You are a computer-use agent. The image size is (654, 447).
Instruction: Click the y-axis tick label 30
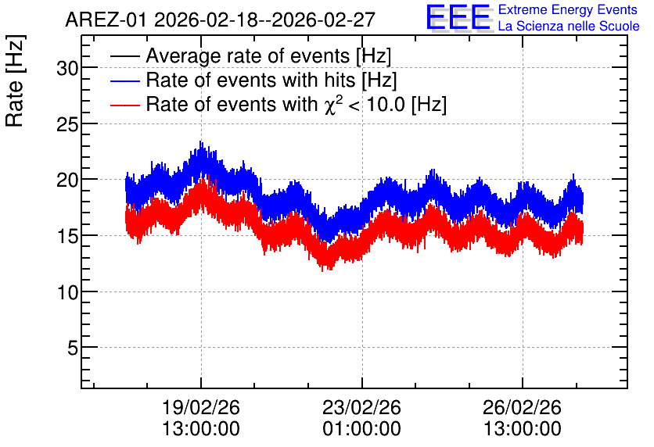67,68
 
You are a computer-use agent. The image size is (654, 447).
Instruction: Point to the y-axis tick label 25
67,124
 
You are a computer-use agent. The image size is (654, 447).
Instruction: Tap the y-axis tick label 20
67,181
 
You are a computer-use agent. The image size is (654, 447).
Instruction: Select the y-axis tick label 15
67,237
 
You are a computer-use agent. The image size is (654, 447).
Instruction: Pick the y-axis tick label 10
67,293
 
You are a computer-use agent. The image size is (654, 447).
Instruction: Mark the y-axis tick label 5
73,348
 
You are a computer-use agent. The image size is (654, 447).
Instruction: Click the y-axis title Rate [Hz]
15,80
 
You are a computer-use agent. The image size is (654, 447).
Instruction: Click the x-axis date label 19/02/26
200,407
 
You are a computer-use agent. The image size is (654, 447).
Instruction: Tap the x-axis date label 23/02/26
361,407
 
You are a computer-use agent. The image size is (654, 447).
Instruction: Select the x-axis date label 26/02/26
523,407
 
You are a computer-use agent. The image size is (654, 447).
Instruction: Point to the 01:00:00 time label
361,429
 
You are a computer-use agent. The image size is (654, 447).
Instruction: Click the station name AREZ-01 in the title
106,20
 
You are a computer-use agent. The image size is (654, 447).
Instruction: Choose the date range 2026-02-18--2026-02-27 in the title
265,20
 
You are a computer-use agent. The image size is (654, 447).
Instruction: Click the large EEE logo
459,17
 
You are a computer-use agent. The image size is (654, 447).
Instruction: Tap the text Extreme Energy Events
568,9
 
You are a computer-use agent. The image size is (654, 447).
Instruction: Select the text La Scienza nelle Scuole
569,26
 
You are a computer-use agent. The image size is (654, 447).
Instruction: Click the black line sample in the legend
124,56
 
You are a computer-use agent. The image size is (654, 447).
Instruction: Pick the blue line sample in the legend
124,80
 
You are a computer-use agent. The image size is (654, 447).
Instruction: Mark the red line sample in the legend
124,105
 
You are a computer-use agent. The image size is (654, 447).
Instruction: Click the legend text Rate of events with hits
250,80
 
